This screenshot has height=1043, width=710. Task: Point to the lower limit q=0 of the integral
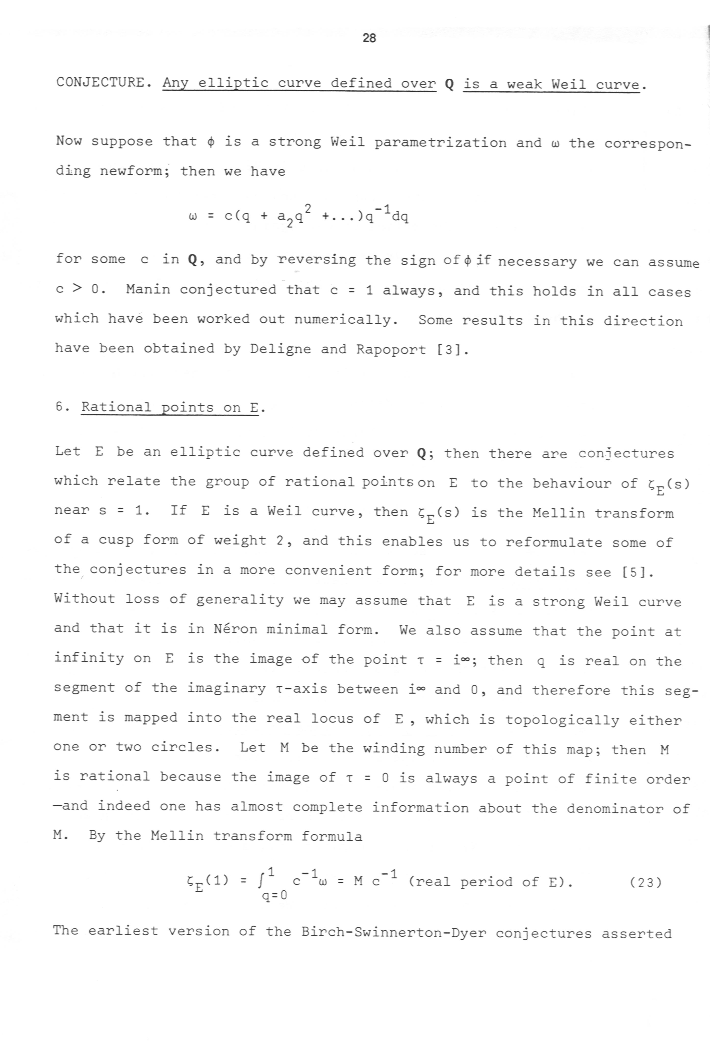(274, 895)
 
